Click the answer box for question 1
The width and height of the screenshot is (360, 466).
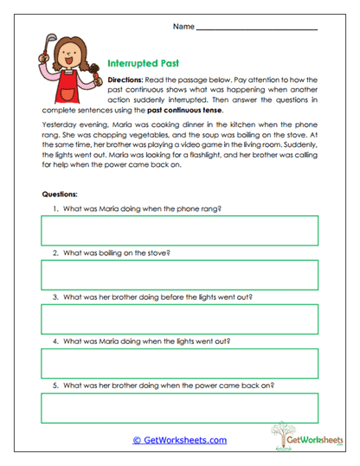click(x=179, y=231)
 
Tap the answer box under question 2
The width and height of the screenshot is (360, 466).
click(x=179, y=275)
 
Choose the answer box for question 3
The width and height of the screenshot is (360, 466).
click(x=179, y=319)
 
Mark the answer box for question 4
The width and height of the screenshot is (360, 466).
click(x=179, y=363)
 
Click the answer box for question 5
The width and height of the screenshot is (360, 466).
click(x=179, y=407)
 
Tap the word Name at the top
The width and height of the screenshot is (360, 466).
click(x=183, y=27)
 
